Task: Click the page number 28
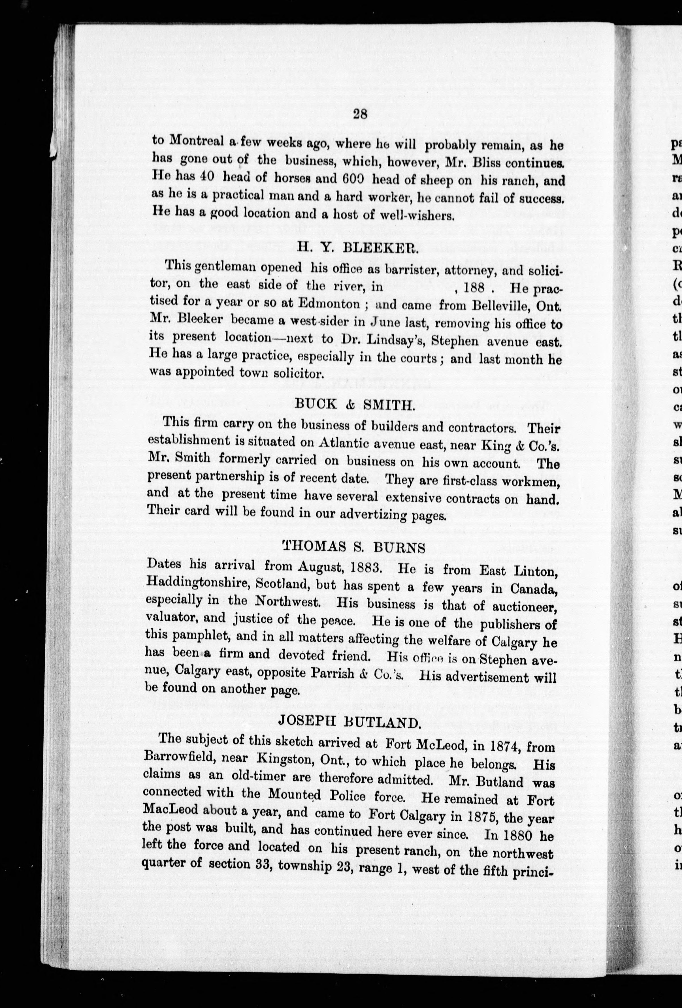coord(361,114)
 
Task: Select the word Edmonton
coord(330,304)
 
